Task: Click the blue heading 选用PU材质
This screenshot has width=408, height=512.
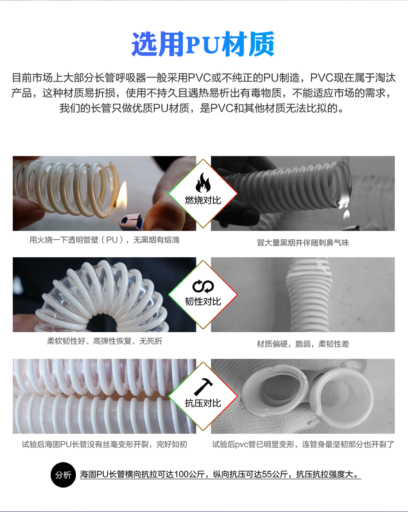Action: (x=203, y=44)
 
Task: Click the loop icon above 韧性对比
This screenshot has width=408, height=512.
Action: (x=203, y=287)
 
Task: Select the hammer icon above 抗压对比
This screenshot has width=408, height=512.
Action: (x=203, y=387)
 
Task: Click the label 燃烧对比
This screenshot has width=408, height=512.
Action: (x=203, y=200)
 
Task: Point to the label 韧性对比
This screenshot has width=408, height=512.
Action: (x=203, y=301)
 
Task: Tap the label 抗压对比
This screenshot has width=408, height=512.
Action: (x=203, y=403)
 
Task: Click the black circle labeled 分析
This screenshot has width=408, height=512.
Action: (x=63, y=475)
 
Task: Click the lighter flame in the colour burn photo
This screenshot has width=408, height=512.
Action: (x=122, y=196)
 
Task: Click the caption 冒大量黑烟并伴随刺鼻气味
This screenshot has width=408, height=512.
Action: (x=303, y=243)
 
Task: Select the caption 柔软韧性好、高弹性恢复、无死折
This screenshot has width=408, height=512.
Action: (x=105, y=341)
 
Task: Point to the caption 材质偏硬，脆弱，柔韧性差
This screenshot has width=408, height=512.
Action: (x=303, y=344)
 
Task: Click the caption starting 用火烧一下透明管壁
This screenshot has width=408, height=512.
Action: (x=104, y=240)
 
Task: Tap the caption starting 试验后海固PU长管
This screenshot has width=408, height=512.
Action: (x=104, y=444)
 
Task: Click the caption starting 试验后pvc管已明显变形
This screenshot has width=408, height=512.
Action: (x=303, y=444)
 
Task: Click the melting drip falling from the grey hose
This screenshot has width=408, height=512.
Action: (x=346, y=214)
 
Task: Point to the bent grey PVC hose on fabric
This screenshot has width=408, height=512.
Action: (x=309, y=294)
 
